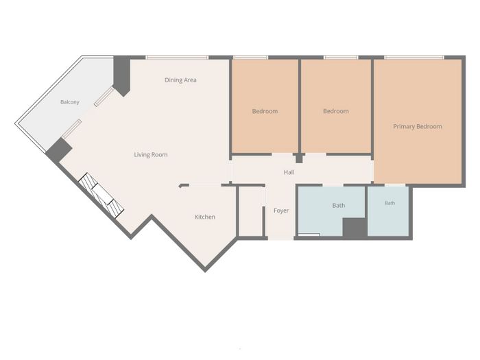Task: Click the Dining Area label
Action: tap(180, 80)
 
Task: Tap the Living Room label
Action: tap(151, 154)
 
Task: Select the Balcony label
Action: tap(70, 102)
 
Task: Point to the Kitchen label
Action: tap(205, 217)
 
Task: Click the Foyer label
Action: tap(281, 211)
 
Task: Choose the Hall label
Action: tap(289, 172)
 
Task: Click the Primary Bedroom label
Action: tap(417, 126)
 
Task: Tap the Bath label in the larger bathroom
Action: tap(339, 206)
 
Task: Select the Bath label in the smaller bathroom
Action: tap(389, 203)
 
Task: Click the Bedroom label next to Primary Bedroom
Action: tap(336, 111)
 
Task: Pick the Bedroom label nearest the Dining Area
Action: tap(265, 111)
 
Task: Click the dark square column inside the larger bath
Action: tap(355, 228)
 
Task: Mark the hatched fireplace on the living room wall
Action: tap(101, 195)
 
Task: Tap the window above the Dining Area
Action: tap(177, 57)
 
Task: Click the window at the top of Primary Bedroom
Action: tap(414, 57)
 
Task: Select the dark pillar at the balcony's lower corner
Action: tap(59, 150)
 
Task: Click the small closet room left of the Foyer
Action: tap(250, 211)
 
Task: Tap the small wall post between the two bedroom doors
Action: tap(299, 158)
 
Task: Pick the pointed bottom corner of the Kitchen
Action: tap(205, 271)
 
